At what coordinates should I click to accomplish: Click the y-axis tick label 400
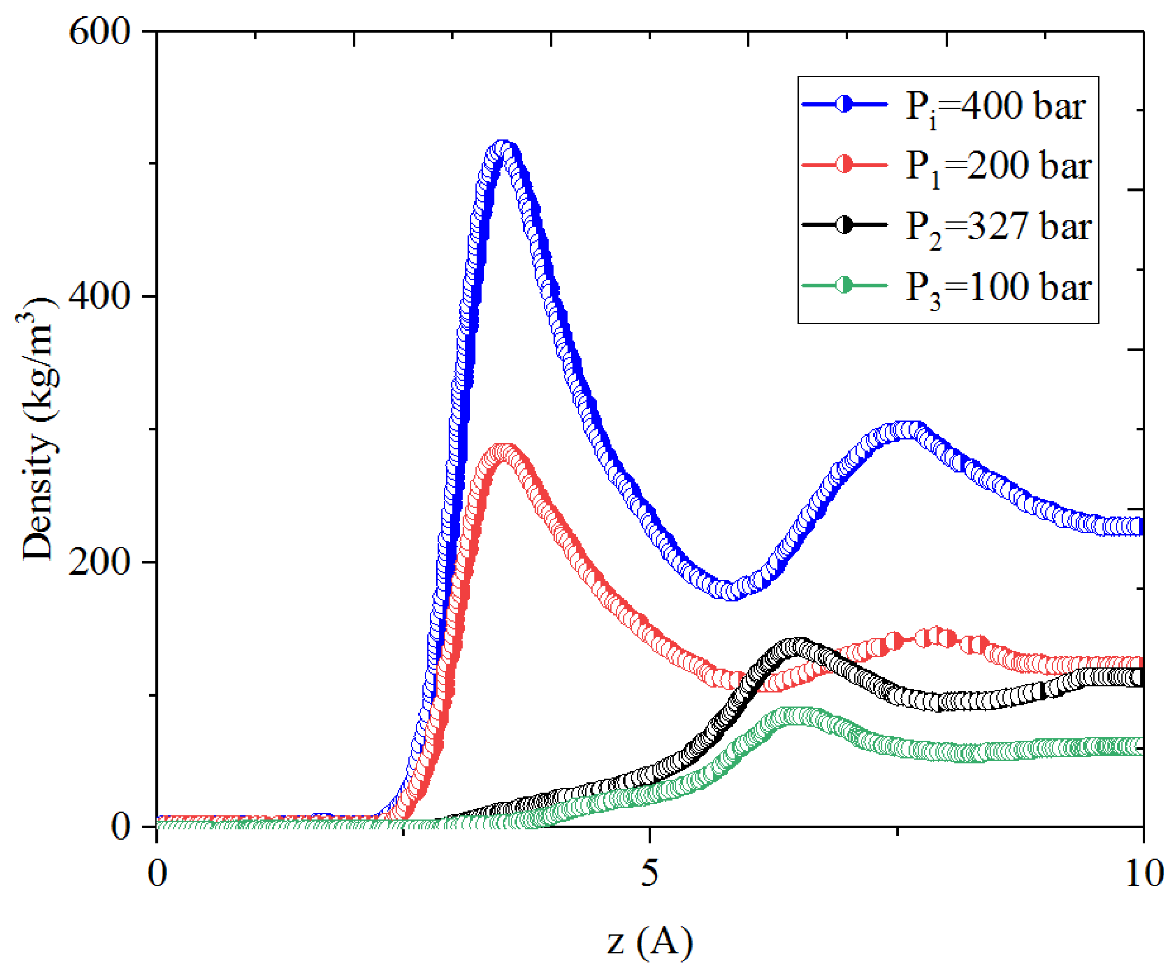pos(99,295)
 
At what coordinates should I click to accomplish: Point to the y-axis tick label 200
pos(99,561)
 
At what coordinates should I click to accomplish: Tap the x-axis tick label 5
pos(650,873)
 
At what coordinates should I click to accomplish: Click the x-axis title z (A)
pos(650,942)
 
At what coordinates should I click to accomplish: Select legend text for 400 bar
pos(996,106)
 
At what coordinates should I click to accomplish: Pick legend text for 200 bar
pos(998,166)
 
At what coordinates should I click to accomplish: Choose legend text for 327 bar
pos(998,227)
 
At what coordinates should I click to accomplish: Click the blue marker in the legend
pos(844,104)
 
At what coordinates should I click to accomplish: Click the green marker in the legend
pos(844,286)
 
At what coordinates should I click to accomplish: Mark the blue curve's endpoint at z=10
pos(1140,526)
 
